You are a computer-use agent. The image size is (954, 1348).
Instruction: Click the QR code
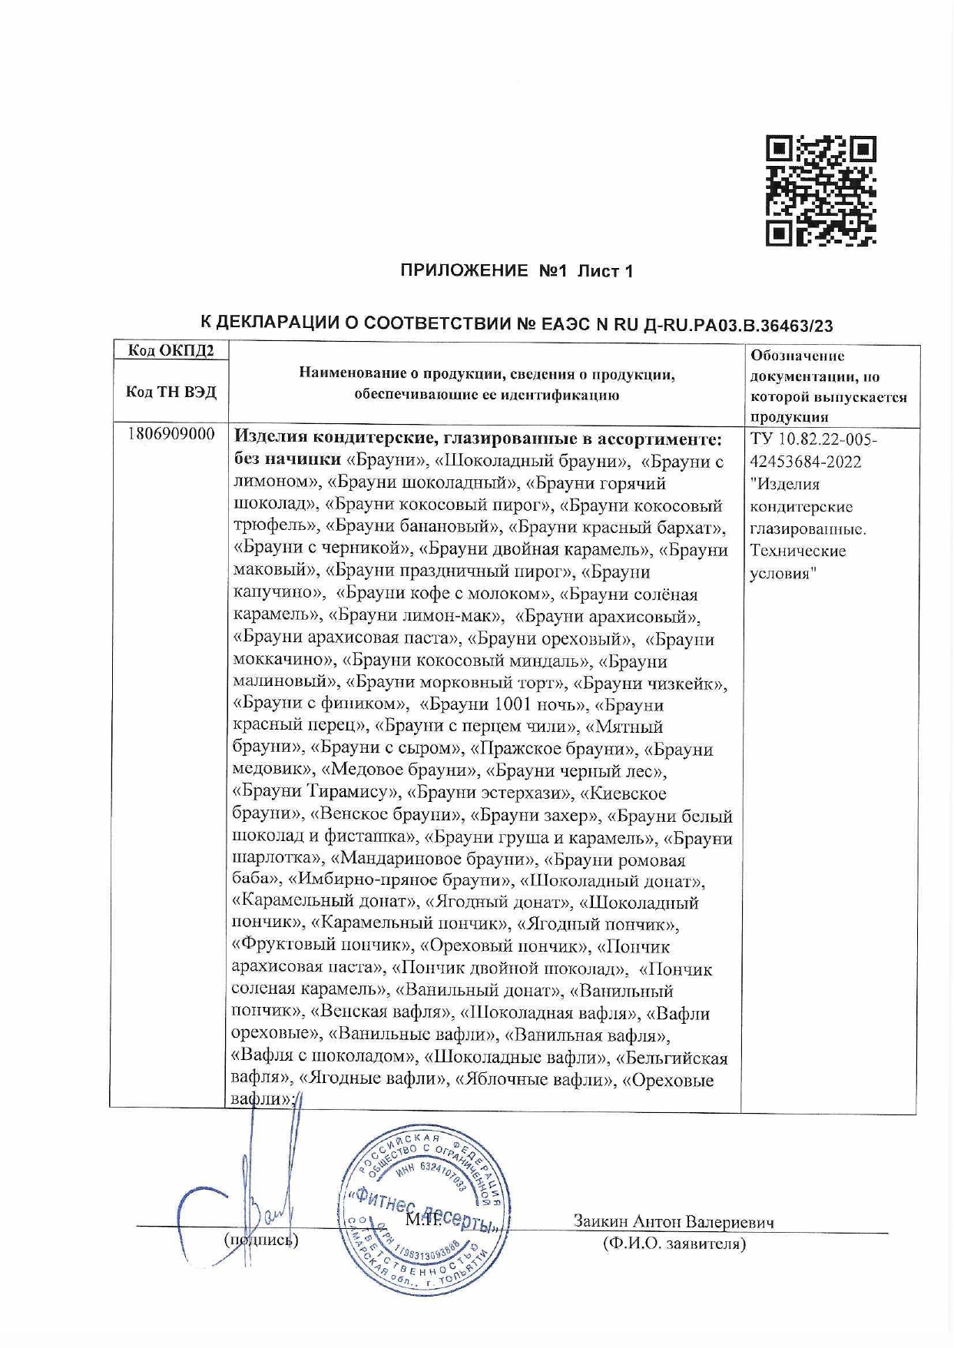pyautogui.click(x=820, y=191)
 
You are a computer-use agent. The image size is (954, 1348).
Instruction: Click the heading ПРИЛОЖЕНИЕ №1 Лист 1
pyautogui.click(x=516, y=271)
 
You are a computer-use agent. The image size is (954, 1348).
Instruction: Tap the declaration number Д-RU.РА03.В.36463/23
pyautogui.click(x=737, y=325)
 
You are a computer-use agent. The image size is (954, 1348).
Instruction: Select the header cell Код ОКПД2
pyautogui.click(x=171, y=351)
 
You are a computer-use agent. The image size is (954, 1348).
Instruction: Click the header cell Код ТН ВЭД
pyautogui.click(x=171, y=392)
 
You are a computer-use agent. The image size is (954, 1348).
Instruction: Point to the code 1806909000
pyautogui.click(x=171, y=435)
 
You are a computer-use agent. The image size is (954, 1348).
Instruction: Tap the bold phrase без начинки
pyautogui.click(x=287, y=460)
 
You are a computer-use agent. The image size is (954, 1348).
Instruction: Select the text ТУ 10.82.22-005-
pyautogui.click(x=813, y=439)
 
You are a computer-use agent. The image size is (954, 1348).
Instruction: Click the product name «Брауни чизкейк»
pyautogui.click(x=651, y=683)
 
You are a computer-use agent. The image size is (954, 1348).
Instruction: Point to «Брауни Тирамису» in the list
pyautogui.click(x=316, y=793)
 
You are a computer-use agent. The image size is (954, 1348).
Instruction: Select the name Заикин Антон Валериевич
pyautogui.click(x=673, y=1221)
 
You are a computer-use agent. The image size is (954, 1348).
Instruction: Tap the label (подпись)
pyautogui.click(x=261, y=1239)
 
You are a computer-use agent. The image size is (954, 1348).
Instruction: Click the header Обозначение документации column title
pyautogui.click(x=828, y=386)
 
